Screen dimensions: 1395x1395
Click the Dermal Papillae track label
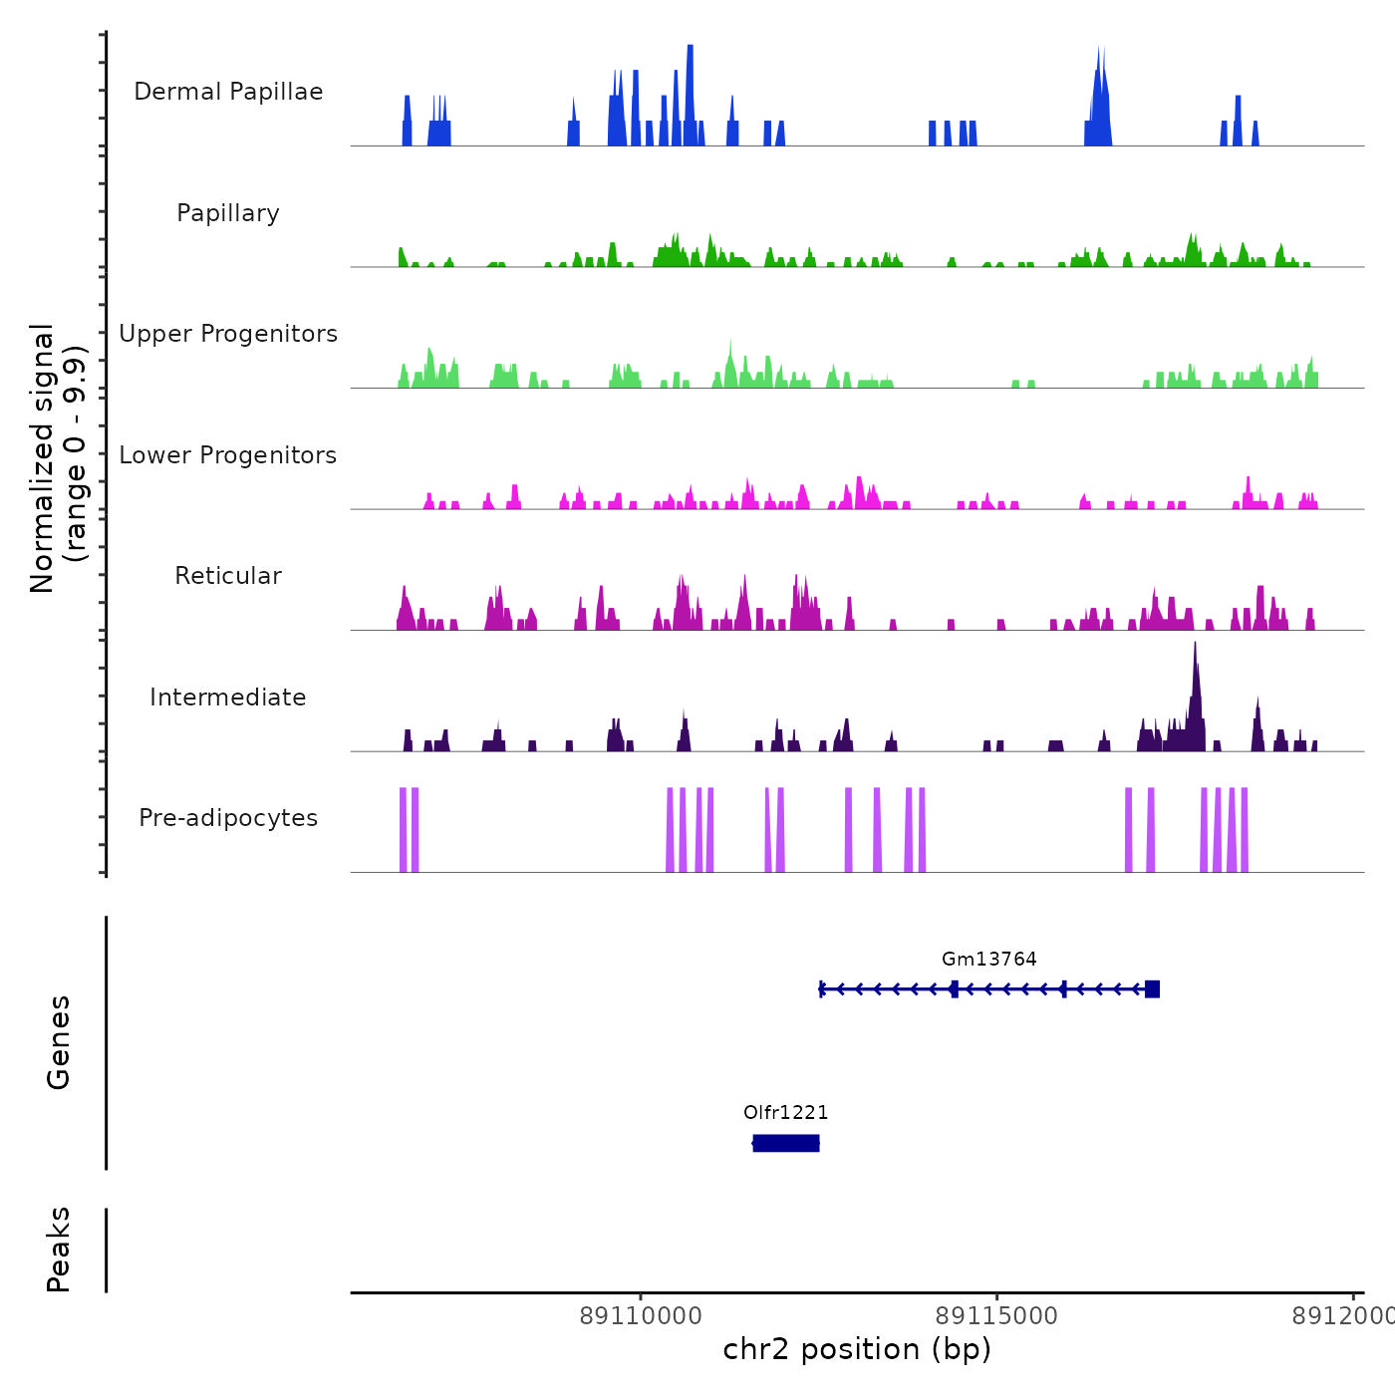tap(228, 92)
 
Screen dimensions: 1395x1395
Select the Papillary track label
tap(228, 213)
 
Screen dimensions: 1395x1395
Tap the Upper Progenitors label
tap(228, 334)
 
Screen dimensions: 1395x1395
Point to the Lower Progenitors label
tap(228, 455)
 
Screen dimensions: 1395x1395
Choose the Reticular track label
tap(228, 576)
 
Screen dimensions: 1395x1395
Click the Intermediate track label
tap(228, 697)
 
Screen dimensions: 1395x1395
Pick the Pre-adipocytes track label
tap(228, 818)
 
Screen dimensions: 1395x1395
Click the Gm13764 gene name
tap(988, 959)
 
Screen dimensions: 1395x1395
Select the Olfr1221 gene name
tap(785, 1112)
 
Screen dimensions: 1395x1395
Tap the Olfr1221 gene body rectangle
tap(786, 1143)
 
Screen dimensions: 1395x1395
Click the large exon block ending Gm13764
tap(1152, 988)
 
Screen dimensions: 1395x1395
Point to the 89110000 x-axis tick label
tap(641, 1316)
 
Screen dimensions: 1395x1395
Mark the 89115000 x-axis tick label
tap(996, 1316)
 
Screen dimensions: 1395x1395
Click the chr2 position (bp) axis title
tap(857, 1349)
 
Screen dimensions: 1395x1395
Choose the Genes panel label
tap(59, 1042)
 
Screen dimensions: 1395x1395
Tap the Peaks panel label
tap(59, 1250)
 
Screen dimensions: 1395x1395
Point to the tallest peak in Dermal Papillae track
tap(690, 50)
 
